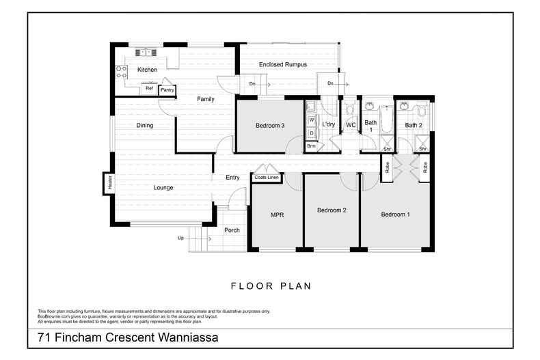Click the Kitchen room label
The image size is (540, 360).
click(147, 70)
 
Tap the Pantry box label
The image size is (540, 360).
click(167, 89)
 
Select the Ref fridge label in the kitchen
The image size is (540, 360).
click(149, 88)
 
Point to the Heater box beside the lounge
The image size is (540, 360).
click(108, 183)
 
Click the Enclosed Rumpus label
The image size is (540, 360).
click(282, 64)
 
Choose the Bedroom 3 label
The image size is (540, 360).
click(270, 126)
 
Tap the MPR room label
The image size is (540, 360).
click(277, 214)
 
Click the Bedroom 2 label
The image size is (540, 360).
click(332, 210)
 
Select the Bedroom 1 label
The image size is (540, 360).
click(395, 214)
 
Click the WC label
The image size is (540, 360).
click(351, 125)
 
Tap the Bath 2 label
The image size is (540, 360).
click(413, 125)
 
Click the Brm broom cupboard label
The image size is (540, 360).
click(311, 146)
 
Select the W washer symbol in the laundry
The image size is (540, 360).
click(311, 120)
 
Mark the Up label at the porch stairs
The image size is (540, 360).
click(180, 238)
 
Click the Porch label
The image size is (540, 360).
click(232, 230)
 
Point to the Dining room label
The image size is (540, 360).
click(144, 125)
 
